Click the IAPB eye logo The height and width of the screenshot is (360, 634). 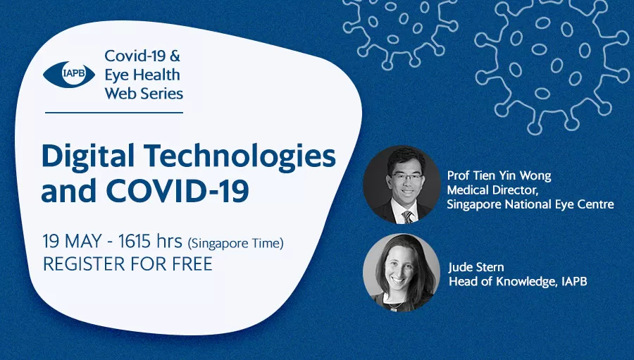pyautogui.click(x=69, y=74)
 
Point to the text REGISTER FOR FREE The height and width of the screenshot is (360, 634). pyautogui.click(x=128, y=264)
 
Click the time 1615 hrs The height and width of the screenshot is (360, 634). pyautogui.click(x=151, y=242)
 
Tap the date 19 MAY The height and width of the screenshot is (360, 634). pyautogui.click(x=72, y=242)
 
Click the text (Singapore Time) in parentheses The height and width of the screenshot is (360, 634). pyautogui.click(x=236, y=244)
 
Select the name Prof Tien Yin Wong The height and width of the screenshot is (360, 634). pyautogui.click(x=499, y=175)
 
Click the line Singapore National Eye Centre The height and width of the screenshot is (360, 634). pyautogui.click(x=530, y=204)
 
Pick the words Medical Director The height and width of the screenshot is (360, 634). pyautogui.click(x=493, y=190)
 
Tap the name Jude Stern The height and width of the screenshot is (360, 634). pyautogui.click(x=476, y=267)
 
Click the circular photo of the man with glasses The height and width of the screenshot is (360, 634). pyautogui.click(x=402, y=185)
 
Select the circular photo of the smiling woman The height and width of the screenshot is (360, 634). pyautogui.click(x=402, y=273)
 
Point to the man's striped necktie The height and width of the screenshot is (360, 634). pyautogui.click(x=408, y=217)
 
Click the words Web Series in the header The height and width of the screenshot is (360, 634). pyautogui.click(x=144, y=94)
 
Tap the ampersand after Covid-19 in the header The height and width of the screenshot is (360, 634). pyautogui.click(x=174, y=56)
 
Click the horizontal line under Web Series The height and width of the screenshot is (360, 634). pyautogui.click(x=114, y=113)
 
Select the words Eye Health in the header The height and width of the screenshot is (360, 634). pyautogui.click(x=142, y=75)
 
